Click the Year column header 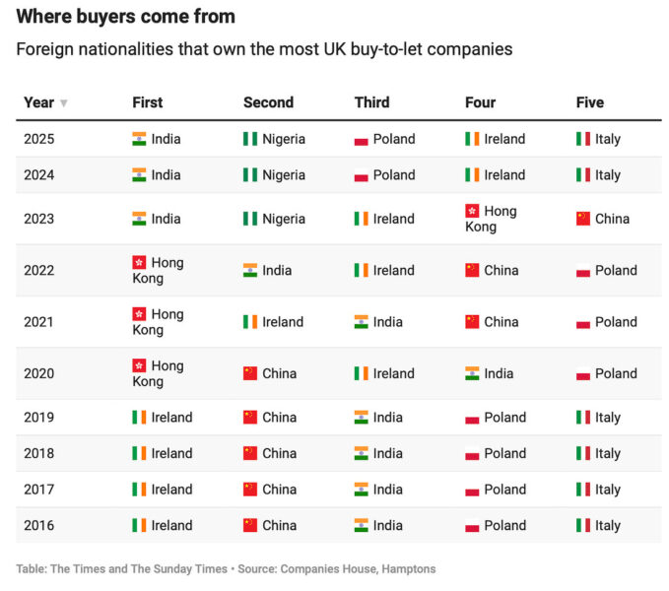pos(38,102)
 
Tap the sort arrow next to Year pos(64,103)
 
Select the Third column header pos(371,102)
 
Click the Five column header pos(589,102)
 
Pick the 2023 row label pos(39,219)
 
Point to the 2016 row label pos(39,525)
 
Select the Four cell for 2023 pos(491,219)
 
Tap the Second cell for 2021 pos(273,322)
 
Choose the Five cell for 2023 pos(602,219)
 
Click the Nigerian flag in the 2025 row pos(250,139)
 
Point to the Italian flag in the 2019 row pos(583,418)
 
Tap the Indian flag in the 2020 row pos(472,373)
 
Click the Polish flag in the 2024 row pos(362,175)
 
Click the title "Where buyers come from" pos(125,17)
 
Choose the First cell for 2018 pos(163,453)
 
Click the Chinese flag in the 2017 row pos(250,490)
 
